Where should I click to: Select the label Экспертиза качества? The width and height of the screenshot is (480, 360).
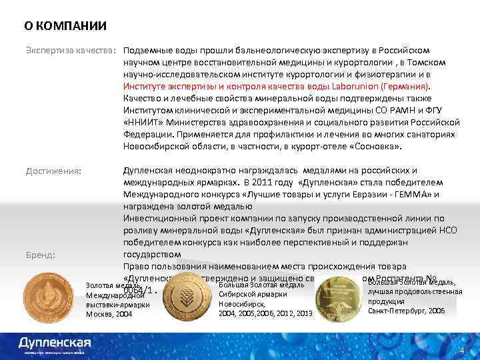point(71,51)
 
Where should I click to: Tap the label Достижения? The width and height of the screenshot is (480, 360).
point(54,171)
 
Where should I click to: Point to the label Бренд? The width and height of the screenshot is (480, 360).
point(40,255)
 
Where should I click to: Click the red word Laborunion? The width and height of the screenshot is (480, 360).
point(374,87)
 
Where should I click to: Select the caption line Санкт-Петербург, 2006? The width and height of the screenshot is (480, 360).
point(406,311)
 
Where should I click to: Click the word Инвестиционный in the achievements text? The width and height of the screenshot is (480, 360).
point(158,218)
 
